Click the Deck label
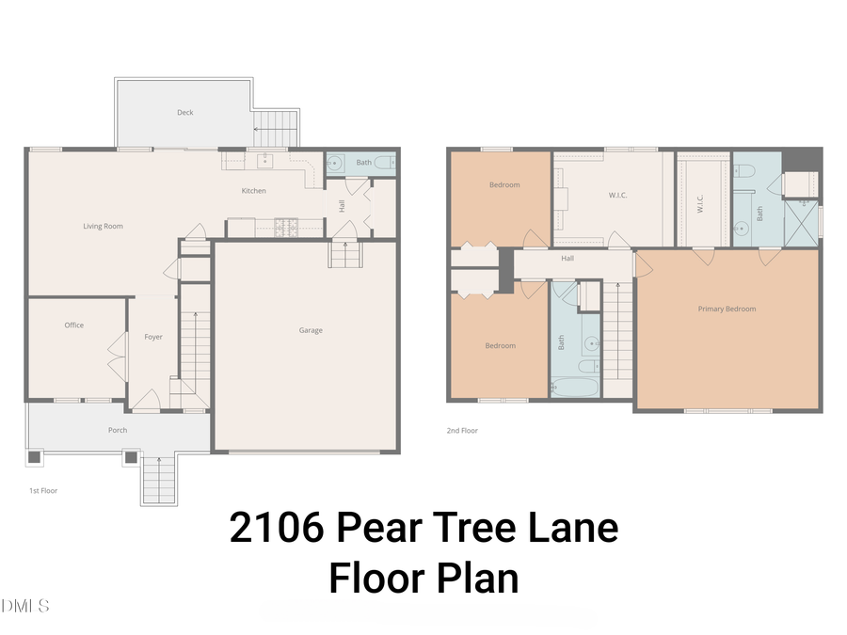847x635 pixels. click(185, 113)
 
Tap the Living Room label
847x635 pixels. click(103, 226)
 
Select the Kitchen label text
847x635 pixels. click(254, 191)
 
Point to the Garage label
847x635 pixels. click(311, 330)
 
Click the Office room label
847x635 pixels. click(74, 325)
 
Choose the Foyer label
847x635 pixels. click(153, 337)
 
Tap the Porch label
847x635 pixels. click(118, 430)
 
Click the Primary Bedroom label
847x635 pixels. click(727, 309)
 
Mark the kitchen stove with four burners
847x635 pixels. click(286, 226)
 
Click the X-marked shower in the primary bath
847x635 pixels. click(802, 222)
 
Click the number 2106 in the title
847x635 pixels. click(272, 528)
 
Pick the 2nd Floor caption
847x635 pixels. click(462, 431)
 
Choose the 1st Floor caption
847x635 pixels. click(43, 490)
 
